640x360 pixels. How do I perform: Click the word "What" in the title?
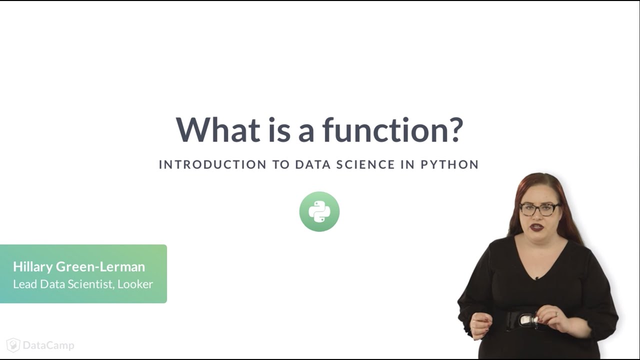[x=218, y=130]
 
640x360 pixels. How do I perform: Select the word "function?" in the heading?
[x=392, y=130]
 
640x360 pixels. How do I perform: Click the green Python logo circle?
[x=319, y=211]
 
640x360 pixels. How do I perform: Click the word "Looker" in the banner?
[x=135, y=284]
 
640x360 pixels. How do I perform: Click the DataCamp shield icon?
[x=13, y=345]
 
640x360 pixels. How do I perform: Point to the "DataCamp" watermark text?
[x=48, y=345]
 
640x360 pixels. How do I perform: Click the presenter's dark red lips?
[x=537, y=227]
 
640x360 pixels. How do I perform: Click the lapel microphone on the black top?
[x=536, y=278]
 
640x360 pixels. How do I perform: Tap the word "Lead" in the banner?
[x=23, y=284]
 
